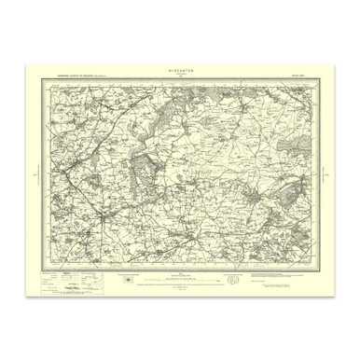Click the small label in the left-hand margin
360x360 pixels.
click(x=35, y=174)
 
